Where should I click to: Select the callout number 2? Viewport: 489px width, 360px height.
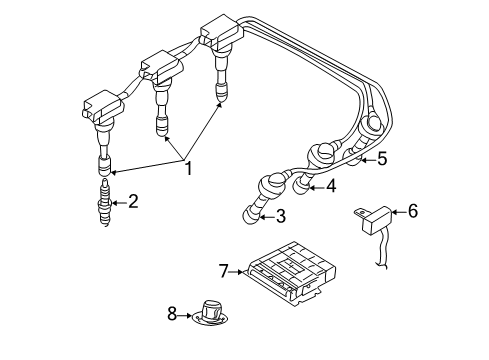coord(133,200)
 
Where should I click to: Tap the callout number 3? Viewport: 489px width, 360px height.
coord(280,216)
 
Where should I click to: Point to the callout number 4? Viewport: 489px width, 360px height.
coord(332,186)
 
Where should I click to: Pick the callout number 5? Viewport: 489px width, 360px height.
coord(381,158)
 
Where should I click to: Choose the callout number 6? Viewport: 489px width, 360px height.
coord(413,211)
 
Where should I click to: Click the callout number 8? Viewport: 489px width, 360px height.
coord(171,314)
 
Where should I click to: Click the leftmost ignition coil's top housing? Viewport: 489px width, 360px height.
coord(101,107)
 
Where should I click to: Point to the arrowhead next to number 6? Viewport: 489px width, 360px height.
coord(394,211)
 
